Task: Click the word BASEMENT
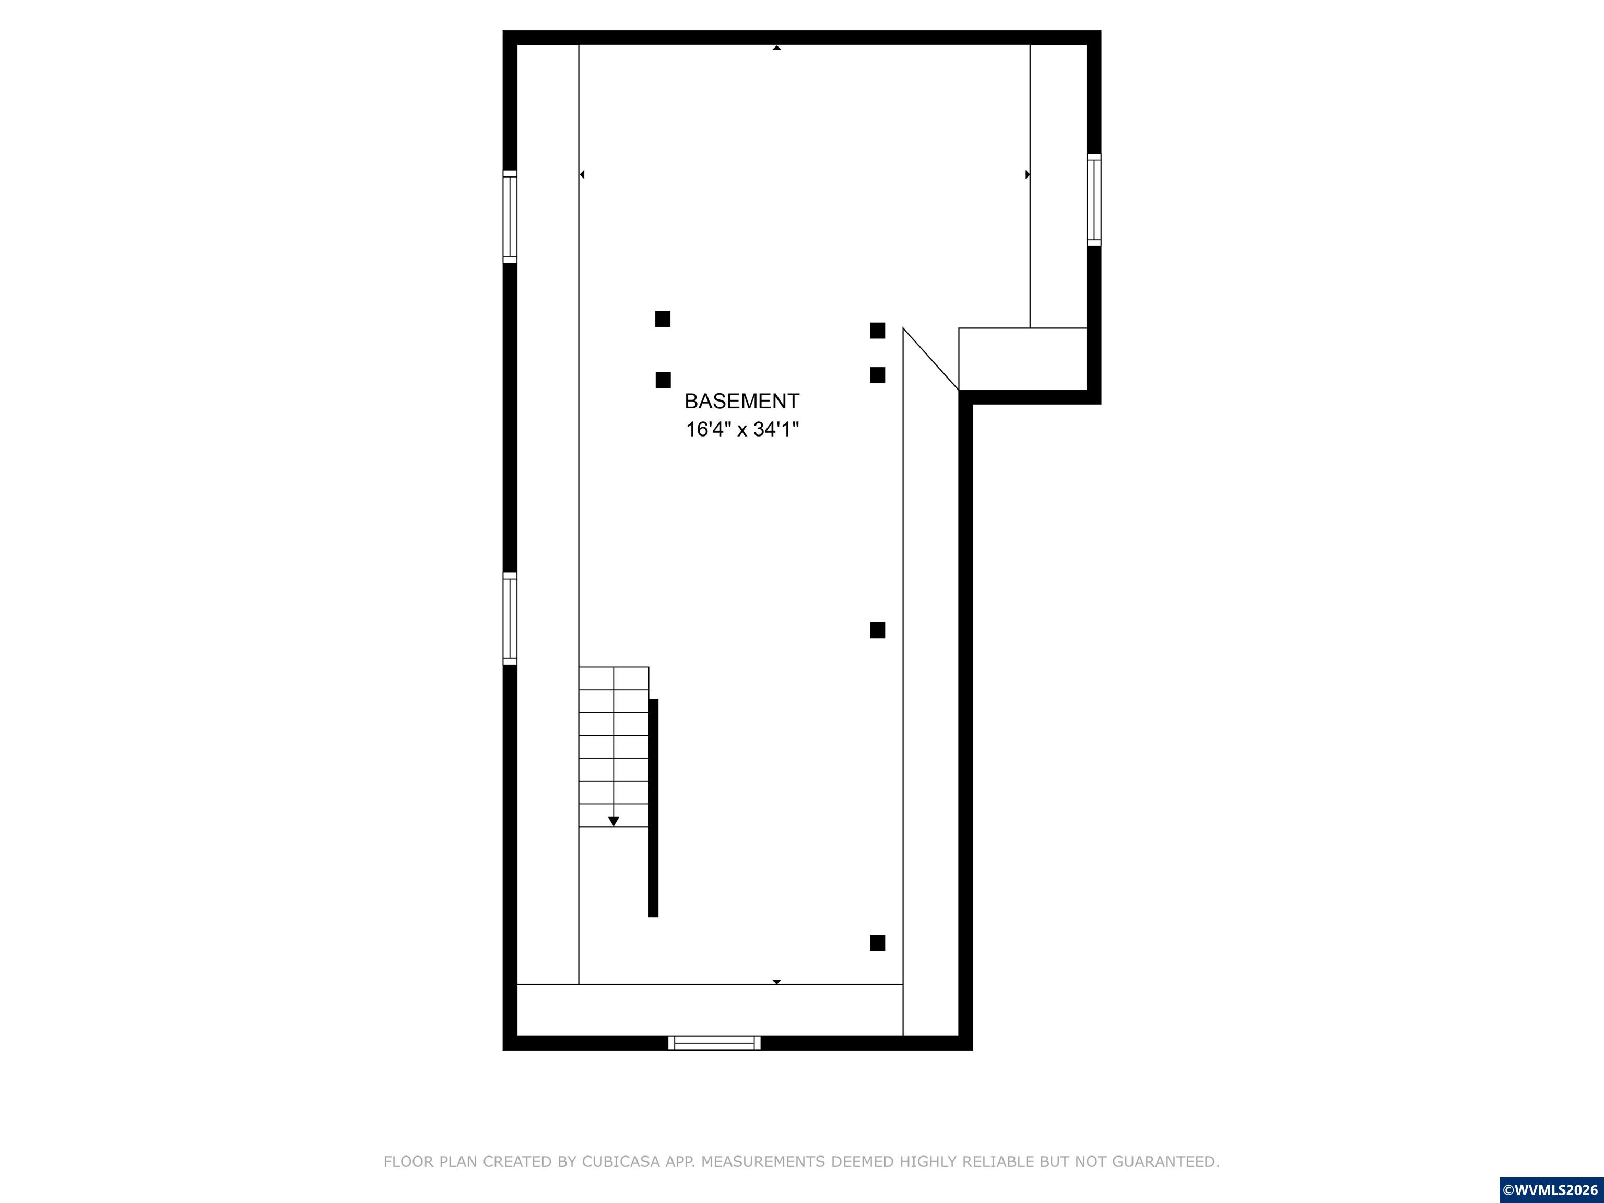742,401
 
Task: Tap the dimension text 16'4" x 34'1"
742,429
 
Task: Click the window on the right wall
1093,199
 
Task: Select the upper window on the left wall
510,216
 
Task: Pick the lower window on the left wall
510,619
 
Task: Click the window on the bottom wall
714,1043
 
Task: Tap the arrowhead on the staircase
614,821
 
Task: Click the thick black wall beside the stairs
653,808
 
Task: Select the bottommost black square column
877,942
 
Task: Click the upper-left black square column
663,319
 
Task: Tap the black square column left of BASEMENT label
663,380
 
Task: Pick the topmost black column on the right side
877,331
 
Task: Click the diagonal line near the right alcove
931,359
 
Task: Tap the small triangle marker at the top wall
776,48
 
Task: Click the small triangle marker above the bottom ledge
776,982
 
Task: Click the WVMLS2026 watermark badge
1551,1190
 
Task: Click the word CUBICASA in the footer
621,1162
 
